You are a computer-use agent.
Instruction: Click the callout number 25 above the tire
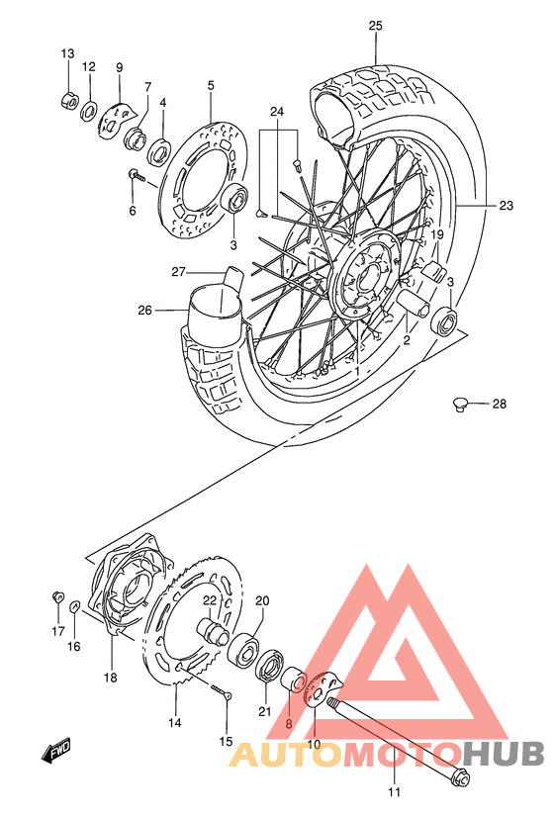pyautogui.click(x=375, y=25)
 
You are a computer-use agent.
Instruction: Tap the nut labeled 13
pyautogui.click(x=67, y=100)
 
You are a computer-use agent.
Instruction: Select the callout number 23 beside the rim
pyautogui.click(x=506, y=206)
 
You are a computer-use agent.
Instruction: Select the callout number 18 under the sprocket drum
pyautogui.click(x=110, y=678)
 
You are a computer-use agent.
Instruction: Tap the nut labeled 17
pyautogui.click(x=58, y=596)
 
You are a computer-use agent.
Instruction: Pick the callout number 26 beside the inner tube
pyautogui.click(x=145, y=309)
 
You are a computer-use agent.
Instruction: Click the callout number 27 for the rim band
pyautogui.click(x=178, y=272)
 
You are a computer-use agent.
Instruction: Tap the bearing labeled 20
pyautogui.click(x=244, y=649)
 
